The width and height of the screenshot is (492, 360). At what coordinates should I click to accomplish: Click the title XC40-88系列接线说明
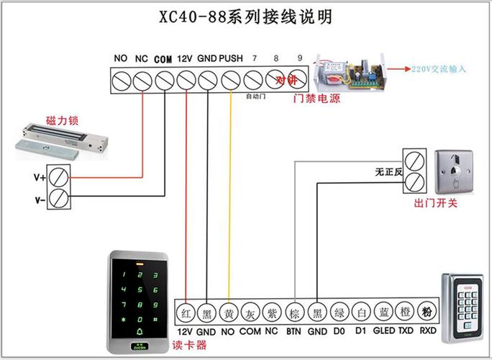(x=246, y=17)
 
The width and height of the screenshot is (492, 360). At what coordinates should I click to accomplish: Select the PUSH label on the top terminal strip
(x=230, y=58)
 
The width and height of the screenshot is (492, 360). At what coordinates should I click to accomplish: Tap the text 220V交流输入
(x=439, y=69)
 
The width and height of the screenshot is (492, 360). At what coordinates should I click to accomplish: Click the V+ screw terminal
(x=59, y=176)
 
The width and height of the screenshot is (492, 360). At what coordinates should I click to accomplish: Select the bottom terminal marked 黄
(x=228, y=312)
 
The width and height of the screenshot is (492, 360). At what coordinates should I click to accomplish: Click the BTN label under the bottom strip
(x=293, y=331)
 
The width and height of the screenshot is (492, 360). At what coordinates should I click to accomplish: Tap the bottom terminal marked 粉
(x=427, y=312)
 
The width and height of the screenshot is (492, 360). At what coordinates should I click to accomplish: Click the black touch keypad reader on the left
(x=137, y=301)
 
